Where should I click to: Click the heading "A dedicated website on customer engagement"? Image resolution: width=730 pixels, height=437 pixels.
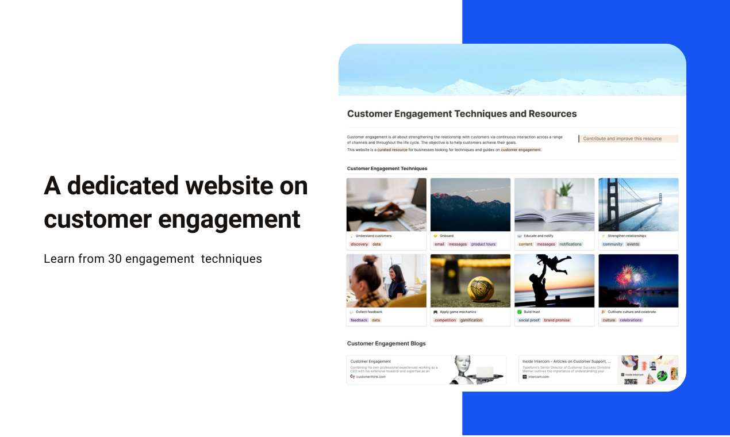pos(176,202)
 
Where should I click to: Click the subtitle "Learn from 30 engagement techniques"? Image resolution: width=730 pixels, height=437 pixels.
pos(153,259)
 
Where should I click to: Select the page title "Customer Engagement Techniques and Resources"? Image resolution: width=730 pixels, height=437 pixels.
pos(462,114)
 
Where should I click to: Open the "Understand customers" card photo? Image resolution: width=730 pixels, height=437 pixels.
pos(386,205)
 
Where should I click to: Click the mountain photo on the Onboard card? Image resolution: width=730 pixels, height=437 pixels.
pos(470,205)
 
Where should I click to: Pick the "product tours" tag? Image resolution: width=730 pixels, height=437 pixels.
pos(483,244)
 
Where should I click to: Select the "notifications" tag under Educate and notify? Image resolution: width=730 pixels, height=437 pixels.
pos(571,244)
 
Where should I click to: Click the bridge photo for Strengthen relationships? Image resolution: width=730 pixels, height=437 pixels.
pos(638,205)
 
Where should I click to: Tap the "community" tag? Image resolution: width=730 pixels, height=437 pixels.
pos(612,244)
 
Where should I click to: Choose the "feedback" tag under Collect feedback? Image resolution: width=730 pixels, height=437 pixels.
pos(359,320)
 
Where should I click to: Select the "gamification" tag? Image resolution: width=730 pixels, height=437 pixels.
pos(471,320)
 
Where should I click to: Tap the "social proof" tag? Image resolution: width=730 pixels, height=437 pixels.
pos(529,320)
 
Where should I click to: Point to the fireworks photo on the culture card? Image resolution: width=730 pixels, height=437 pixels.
pos(638,281)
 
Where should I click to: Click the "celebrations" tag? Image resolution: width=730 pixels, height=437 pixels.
pos(631,320)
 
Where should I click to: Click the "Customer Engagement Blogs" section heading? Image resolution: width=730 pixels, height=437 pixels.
pos(386,343)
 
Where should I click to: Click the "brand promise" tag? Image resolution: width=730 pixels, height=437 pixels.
pos(557,320)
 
